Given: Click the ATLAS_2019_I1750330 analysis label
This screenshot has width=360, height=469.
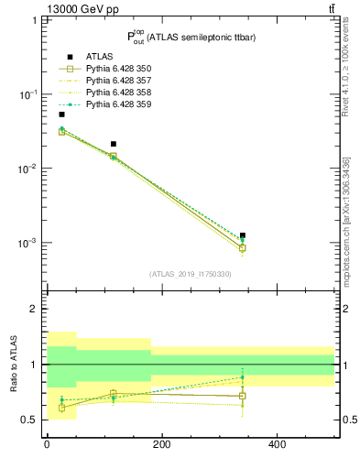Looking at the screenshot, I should [191, 274].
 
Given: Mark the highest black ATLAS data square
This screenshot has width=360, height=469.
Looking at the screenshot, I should [61, 115].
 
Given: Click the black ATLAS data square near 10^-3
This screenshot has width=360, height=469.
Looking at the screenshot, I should [243, 235].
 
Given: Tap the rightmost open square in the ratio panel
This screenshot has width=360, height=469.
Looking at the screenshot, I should [243, 396].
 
